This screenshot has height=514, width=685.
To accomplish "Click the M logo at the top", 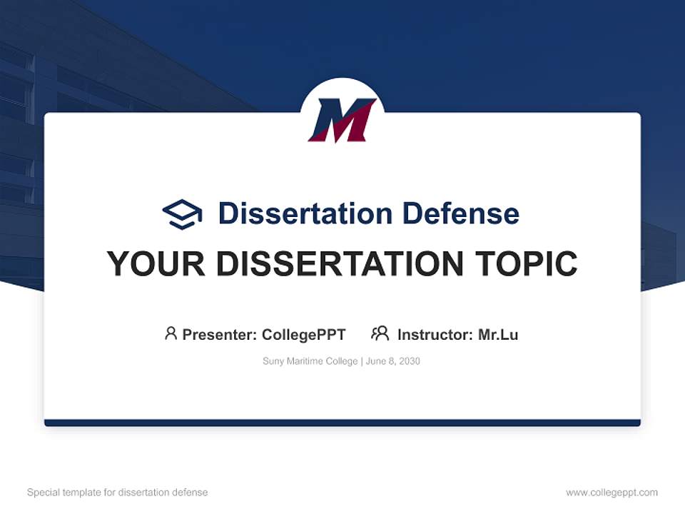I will (x=342, y=119).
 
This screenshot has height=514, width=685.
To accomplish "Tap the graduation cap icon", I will (x=182, y=213).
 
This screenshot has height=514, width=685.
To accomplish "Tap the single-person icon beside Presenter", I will (x=171, y=333).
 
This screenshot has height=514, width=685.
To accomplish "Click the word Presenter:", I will (x=219, y=334).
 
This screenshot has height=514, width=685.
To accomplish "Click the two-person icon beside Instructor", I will (x=380, y=333).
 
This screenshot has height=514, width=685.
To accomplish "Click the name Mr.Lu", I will (x=498, y=334).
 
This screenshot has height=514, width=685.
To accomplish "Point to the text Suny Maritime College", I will (x=310, y=361).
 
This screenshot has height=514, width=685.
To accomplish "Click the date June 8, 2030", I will (x=395, y=361).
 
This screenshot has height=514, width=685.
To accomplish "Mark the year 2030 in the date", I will (x=409, y=361).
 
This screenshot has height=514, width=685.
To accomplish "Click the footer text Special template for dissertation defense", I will (x=117, y=493).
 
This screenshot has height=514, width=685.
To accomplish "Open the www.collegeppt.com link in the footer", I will (x=612, y=493).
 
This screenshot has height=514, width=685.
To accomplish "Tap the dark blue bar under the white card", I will (x=342, y=423).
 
